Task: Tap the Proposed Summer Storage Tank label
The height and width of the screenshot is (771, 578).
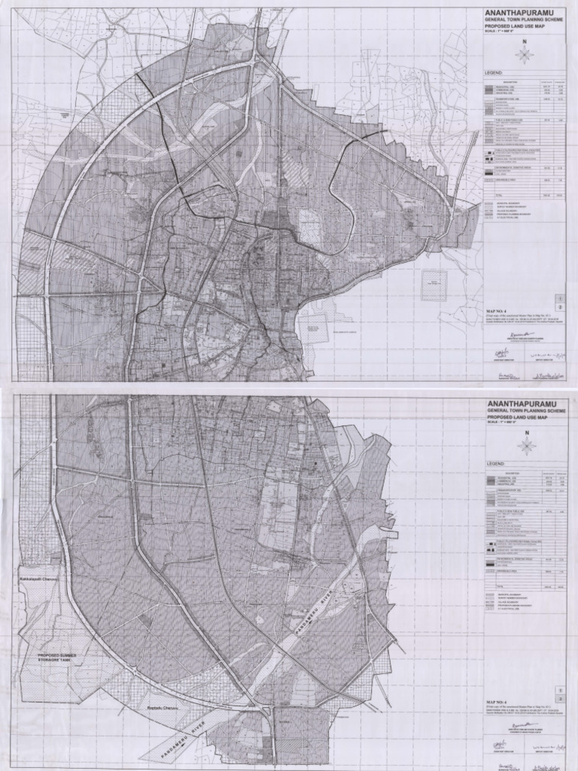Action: (x=62, y=660)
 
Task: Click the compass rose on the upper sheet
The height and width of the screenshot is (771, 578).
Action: (x=525, y=54)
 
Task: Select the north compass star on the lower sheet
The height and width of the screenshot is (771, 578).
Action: (x=527, y=446)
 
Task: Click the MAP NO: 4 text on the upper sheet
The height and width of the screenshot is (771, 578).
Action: (x=497, y=309)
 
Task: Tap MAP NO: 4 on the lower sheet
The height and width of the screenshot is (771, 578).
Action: (x=497, y=702)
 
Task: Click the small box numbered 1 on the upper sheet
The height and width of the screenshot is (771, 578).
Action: (x=558, y=298)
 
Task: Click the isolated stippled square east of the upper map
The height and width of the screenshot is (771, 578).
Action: (x=433, y=285)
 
